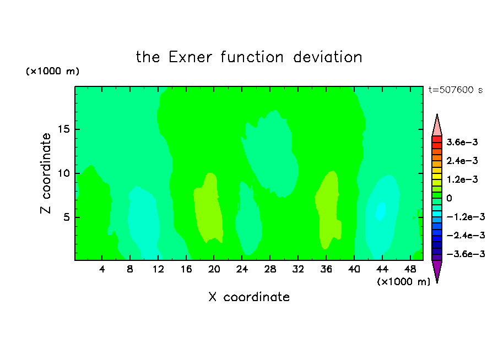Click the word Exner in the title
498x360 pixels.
(190, 57)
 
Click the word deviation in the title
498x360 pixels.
(327, 57)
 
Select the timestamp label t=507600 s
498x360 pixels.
(456, 90)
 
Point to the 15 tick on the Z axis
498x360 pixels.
(64, 129)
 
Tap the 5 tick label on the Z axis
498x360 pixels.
(66, 217)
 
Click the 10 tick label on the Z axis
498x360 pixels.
(64, 173)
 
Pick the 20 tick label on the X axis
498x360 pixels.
(214, 269)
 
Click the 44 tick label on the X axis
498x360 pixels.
(382, 269)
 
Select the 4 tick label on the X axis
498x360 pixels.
(102, 269)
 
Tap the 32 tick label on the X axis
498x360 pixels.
(298, 269)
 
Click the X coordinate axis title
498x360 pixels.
(249, 297)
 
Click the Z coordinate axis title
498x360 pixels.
(46, 173)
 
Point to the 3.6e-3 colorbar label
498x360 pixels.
(462, 142)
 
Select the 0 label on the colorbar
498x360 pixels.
(449, 198)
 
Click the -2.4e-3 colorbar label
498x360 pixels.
(466, 235)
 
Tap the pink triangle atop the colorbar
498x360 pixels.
(437, 126)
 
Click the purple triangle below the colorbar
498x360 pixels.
(437, 270)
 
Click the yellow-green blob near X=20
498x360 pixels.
(208, 208)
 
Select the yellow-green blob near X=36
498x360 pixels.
(328, 210)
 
